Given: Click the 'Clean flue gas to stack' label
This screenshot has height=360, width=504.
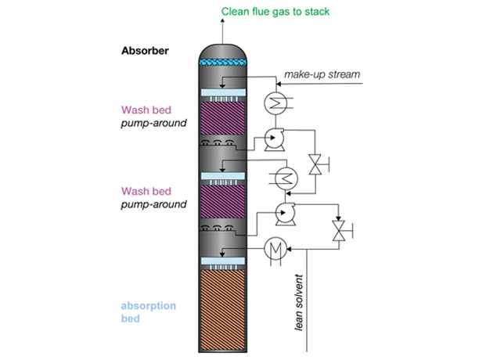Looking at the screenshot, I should coord(276,11).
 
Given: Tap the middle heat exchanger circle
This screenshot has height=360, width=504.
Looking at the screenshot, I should coord(279,177).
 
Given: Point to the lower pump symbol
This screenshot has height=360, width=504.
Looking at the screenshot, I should coord(284,211).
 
